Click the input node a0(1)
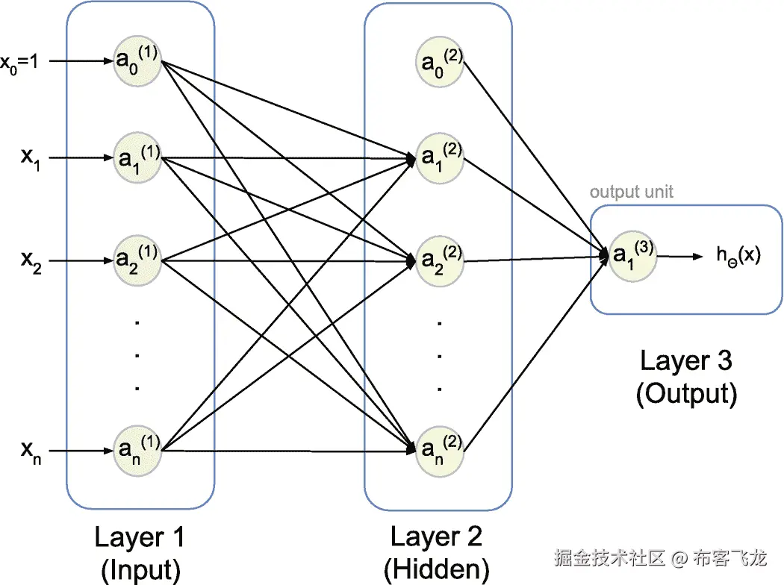[x=137, y=60]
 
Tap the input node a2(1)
[x=137, y=260]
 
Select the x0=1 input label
[x=24, y=61]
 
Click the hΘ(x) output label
[x=738, y=256]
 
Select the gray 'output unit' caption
[x=631, y=192]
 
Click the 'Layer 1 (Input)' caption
[x=140, y=553]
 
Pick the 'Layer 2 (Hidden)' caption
[x=437, y=553]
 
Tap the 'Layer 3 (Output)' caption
[x=685, y=377]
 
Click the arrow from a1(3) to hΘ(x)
[x=679, y=257]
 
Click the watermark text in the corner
[x=660, y=557]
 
